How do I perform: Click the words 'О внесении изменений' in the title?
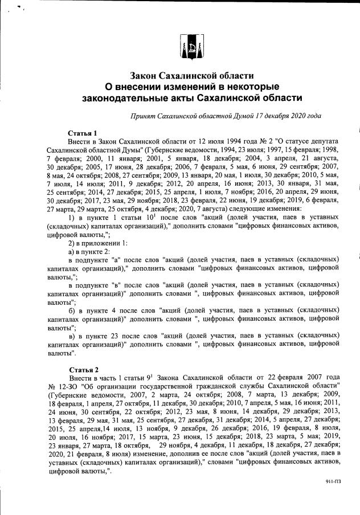[x=165, y=87]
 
